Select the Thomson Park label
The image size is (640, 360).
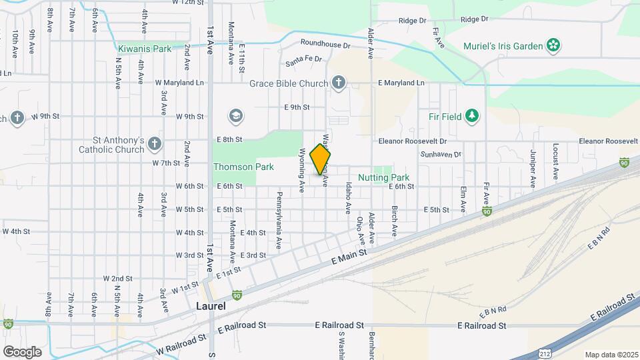tap(235, 167)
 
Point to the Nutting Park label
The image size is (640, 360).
tap(383, 178)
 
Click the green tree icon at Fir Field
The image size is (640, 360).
tap(472, 116)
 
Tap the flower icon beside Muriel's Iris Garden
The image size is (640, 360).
tap(553, 45)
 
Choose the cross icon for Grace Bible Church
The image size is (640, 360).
tap(339, 83)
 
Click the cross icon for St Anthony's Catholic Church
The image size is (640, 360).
tap(155, 144)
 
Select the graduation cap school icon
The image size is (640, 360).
tap(235, 117)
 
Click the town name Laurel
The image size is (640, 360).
tap(211, 306)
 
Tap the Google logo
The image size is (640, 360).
tap(22, 351)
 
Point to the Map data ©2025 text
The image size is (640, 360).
tap(611, 355)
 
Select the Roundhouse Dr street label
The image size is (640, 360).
tap(325, 44)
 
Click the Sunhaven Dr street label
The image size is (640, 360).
tap(441, 155)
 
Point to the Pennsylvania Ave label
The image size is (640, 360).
tap(279, 220)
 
